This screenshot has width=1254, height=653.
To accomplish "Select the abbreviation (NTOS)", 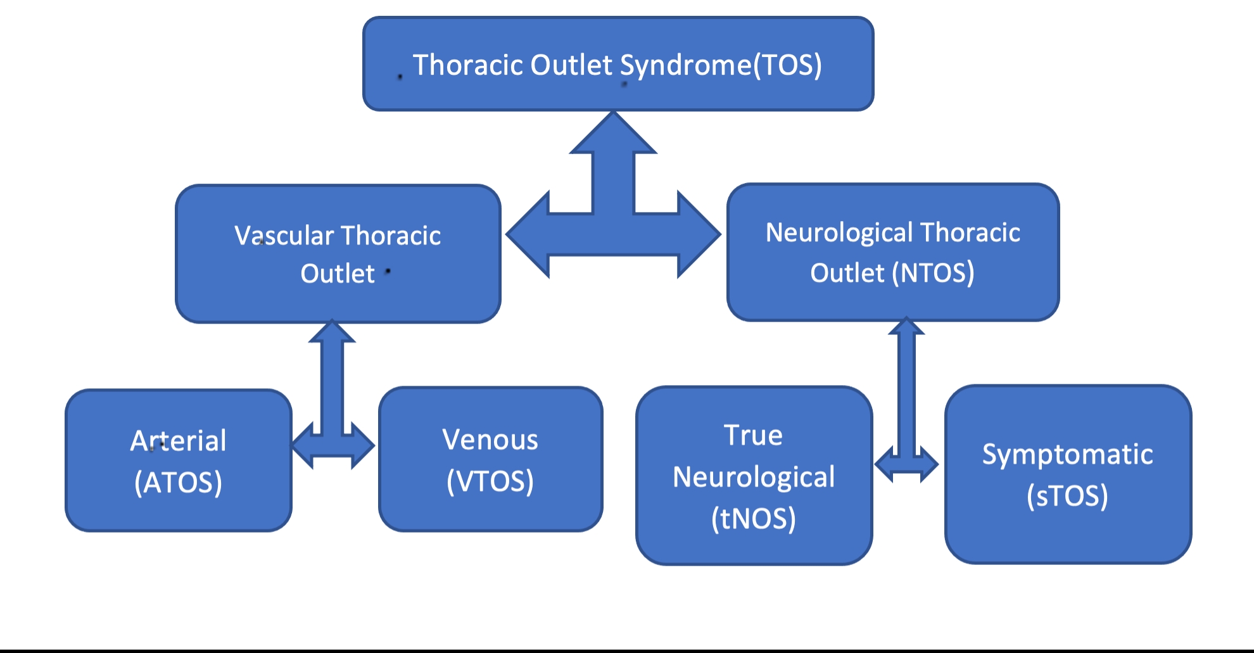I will (x=933, y=273).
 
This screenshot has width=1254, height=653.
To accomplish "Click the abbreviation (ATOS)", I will (x=178, y=483).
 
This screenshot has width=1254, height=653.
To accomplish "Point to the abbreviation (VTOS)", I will (x=490, y=481).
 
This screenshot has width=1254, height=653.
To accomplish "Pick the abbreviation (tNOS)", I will (x=753, y=519).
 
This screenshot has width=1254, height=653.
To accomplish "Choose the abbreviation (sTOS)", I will (x=1067, y=495).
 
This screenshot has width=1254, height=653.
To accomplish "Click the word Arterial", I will (x=178, y=441).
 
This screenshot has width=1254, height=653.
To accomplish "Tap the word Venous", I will (x=490, y=440).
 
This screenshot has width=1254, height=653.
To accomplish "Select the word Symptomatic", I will (x=1067, y=454).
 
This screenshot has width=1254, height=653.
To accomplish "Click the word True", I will (x=753, y=435).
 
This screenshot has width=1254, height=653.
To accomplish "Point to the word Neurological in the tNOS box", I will (x=753, y=477).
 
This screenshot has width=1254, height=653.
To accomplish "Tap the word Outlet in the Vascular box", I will (x=337, y=274).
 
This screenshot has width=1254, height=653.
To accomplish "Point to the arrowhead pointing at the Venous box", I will (x=363, y=446).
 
